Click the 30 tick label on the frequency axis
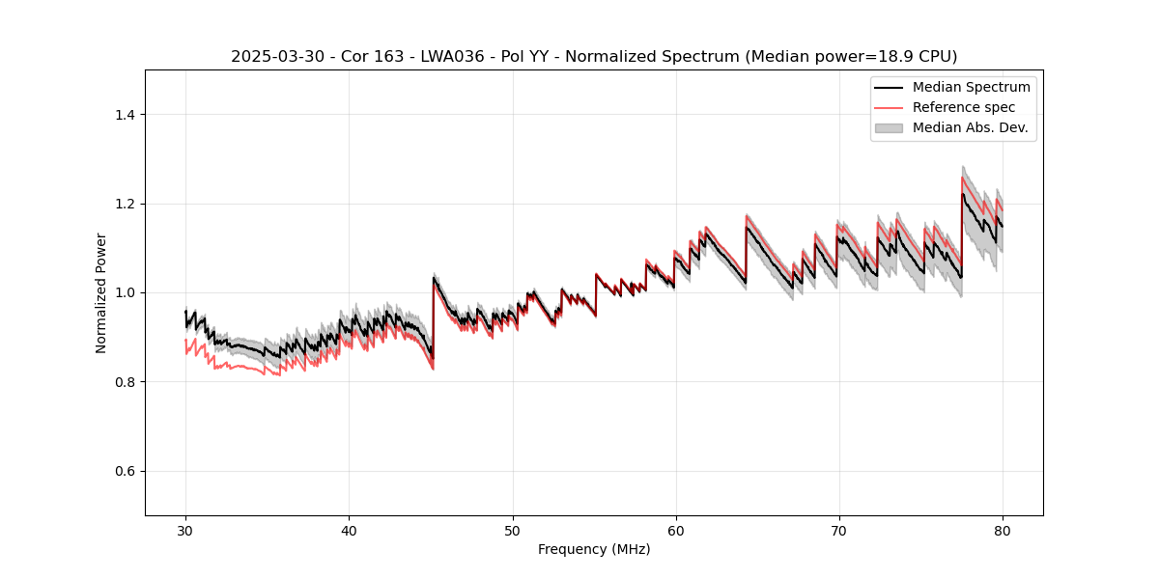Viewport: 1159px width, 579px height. click(185, 530)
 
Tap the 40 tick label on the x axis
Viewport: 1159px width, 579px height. click(349, 530)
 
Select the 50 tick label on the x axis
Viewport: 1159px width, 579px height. click(513, 530)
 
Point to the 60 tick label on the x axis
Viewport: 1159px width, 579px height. click(676, 530)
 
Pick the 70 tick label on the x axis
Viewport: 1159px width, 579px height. click(839, 530)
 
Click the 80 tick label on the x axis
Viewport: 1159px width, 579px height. click(1003, 530)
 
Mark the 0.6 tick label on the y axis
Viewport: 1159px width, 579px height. click(125, 471)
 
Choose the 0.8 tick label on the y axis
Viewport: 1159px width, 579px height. click(125, 382)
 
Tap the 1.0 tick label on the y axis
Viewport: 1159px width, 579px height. click(125, 292)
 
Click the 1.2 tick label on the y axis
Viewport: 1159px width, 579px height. click(125, 204)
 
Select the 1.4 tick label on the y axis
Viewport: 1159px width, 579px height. click(125, 115)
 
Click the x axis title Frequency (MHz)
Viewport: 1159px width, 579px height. click(594, 549)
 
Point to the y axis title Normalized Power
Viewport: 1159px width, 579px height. click(101, 292)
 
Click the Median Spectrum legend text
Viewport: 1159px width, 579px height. click(971, 87)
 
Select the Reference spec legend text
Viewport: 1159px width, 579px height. click(964, 107)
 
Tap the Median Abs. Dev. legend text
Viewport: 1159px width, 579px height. click(971, 127)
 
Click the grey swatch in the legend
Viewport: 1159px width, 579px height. click(889, 127)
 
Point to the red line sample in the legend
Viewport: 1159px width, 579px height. click(889, 107)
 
